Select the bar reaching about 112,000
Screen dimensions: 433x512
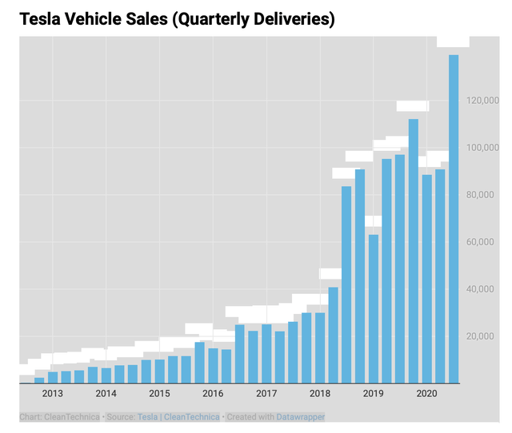pyautogui.click(x=414, y=251)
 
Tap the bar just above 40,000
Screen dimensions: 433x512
pyautogui.click(x=333, y=335)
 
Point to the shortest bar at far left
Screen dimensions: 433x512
pyautogui.click(x=39, y=379)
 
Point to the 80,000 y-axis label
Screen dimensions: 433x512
pyautogui.click(x=486, y=195)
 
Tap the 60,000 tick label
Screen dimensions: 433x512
pyautogui.click(x=486, y=242)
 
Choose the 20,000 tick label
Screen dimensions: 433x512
pyautogui.click(x=486, y=336)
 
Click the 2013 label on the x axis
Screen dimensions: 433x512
pyautogui.click(x=53, y=394)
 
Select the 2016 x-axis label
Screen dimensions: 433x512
pyautogui.click(x=213, y=394)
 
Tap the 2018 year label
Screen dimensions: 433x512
pyautogui.click(x=320, y=394)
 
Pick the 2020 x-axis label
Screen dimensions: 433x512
pyautogui.click(x=426, y=394)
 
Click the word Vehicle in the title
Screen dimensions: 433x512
pyautogui.click(x=104, y=19)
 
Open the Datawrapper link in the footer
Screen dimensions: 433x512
pyautogui.click(x=301, y=416)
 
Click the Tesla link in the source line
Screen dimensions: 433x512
pyautogui.click(x=146, y=416)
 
